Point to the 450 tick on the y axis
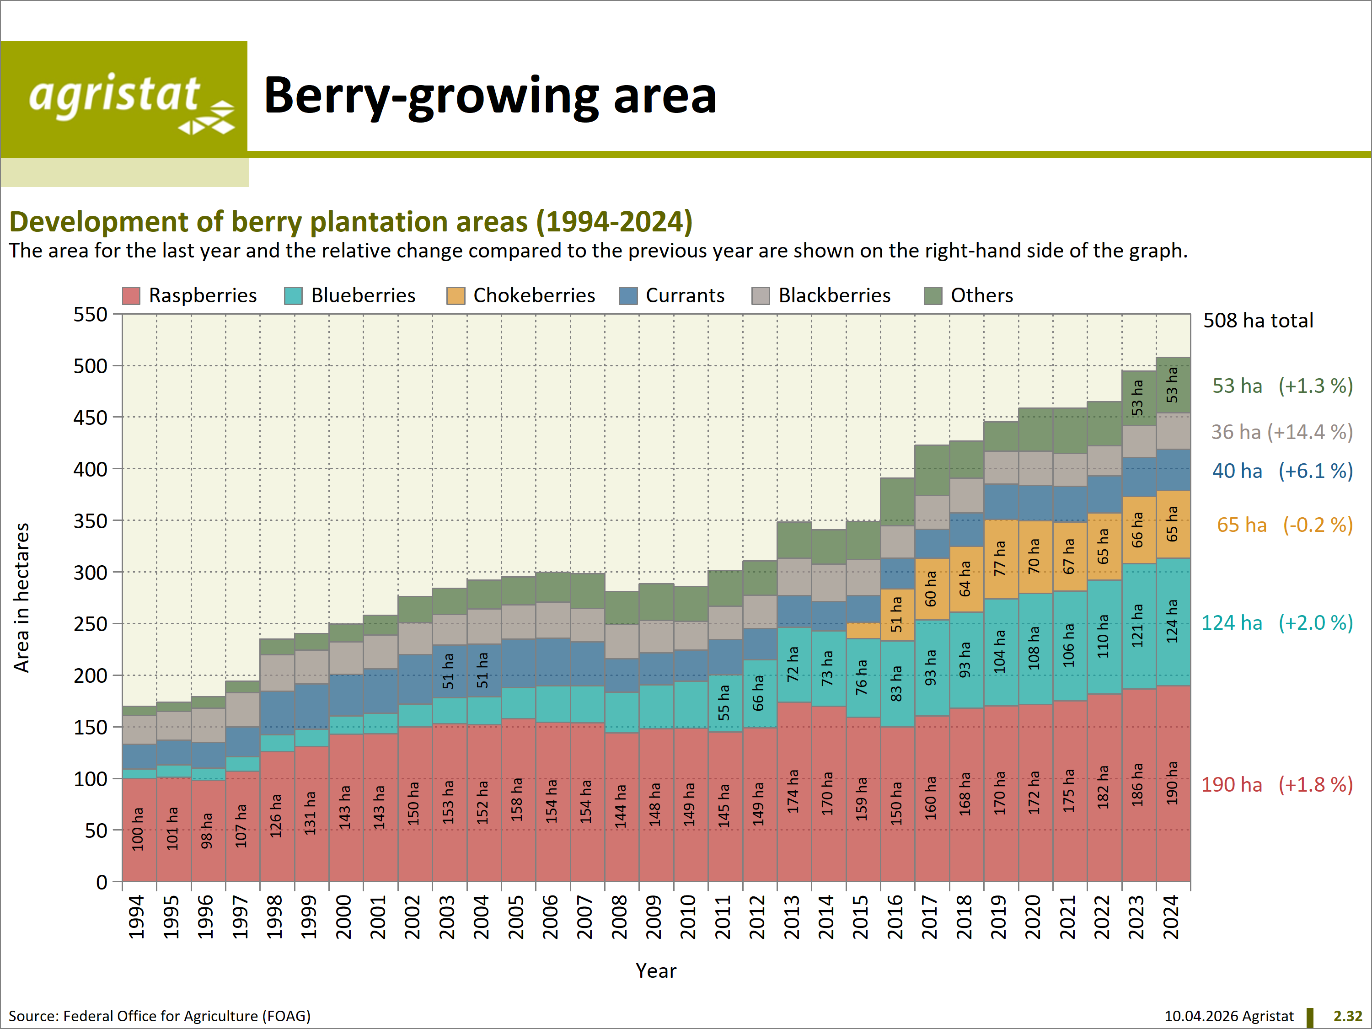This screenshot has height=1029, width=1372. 91,418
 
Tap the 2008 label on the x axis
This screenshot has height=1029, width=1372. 620,917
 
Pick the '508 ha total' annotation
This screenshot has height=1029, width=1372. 1258,320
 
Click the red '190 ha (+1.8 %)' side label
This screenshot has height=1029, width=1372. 1276,785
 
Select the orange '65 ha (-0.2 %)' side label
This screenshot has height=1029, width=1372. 1284,525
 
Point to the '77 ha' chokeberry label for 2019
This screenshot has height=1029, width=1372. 999,558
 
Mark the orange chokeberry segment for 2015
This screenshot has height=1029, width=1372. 863,630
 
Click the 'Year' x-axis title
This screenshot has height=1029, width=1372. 656,971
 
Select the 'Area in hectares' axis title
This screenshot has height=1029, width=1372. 21,597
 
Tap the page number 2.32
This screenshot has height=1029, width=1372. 1347,1016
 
